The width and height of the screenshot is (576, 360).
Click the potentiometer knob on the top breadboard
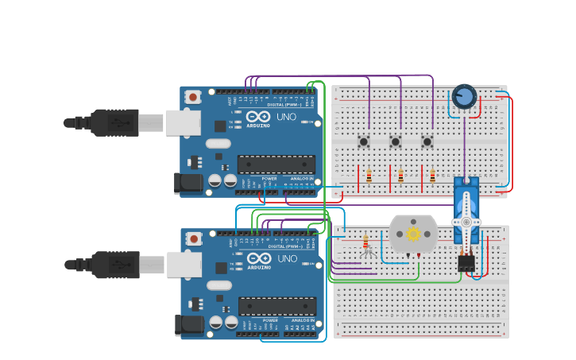tap(464, 98)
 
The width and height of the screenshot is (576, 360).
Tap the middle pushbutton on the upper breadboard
tap(396, 142)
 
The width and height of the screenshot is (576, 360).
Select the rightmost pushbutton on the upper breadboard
tap(427, 142)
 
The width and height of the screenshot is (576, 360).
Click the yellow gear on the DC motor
tap(413, 234)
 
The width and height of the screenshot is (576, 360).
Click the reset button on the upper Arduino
tap(192, 97)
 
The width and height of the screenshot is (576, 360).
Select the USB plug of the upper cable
tap(114, 122)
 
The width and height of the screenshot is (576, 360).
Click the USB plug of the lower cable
tap(115, 265)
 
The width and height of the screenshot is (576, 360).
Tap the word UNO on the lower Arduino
tap(287, 259)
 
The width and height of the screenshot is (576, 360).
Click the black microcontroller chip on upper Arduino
tap(276, 165)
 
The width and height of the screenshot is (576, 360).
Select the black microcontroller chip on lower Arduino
tap(277, 307)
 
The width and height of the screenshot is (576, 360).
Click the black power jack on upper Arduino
tap(188, 184)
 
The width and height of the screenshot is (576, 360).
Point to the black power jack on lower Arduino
tap(189, 325)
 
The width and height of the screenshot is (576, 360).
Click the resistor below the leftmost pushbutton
tap(369, 176)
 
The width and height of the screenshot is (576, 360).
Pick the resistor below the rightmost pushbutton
tap(432, 176)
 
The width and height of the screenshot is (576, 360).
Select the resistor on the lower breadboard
tap(365, 242)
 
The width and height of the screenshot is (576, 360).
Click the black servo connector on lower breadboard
tap(466, 262)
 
